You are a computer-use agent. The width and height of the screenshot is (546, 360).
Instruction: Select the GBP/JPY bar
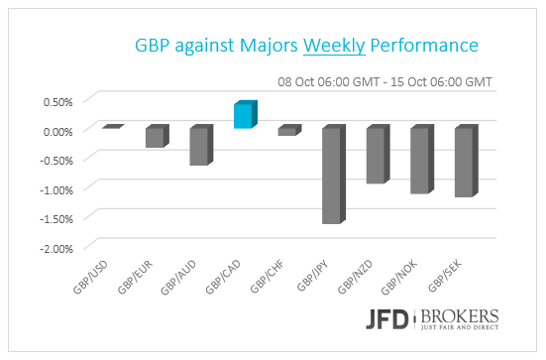331,175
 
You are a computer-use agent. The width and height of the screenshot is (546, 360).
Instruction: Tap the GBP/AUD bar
200,146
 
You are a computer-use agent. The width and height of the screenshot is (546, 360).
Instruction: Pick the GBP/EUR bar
156,137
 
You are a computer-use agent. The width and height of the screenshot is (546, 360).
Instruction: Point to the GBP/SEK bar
465,162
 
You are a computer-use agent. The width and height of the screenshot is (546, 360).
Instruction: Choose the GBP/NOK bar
420,160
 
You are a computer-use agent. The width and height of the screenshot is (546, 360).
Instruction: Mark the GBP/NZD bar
377,155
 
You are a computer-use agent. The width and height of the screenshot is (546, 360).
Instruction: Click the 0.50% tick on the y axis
56,101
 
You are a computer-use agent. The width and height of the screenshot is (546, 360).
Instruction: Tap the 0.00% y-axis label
56,131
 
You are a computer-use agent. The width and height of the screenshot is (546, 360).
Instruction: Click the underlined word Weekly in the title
332,46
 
